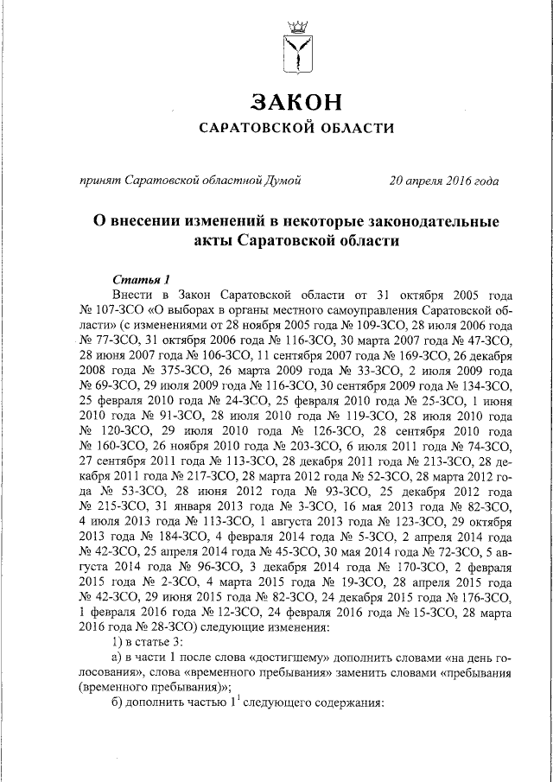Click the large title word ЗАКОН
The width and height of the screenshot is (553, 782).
pyautogui.click(x=296, y=102)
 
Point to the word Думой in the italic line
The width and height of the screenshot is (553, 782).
pyautogui.click(x=283, y=181)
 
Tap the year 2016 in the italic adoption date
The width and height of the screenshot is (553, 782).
pyautogui.click(x=457, y=181)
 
